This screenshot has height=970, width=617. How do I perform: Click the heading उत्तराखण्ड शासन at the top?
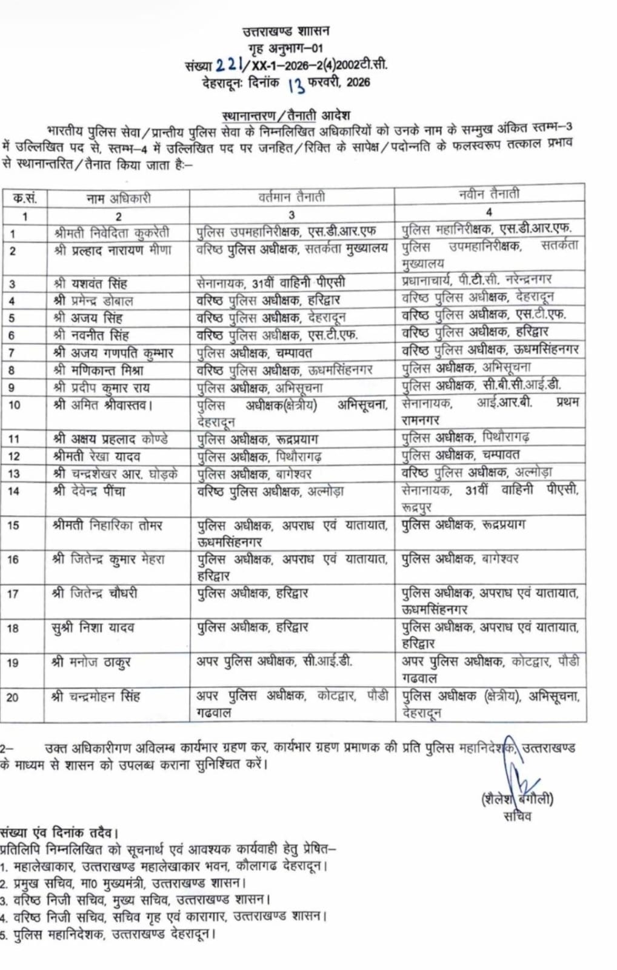(x=285, y=31)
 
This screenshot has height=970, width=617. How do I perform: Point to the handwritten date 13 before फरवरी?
(x=296, y=84)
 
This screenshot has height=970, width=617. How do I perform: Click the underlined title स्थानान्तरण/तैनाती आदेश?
(x=286, y=115)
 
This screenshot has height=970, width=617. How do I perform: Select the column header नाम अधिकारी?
(x=118, y=198)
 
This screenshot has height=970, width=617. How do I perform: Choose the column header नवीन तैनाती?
(x=489, y=194)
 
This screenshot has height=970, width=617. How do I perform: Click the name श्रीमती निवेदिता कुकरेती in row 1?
(x=112, y=232)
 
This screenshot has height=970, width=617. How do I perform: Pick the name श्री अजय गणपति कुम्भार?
(x=113, y=352)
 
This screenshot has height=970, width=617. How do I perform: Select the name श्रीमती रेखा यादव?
(x=97, y=456)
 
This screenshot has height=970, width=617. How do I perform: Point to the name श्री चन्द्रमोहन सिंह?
(x=96, y=697)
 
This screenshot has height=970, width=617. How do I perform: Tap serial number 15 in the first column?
(x=13, y=526)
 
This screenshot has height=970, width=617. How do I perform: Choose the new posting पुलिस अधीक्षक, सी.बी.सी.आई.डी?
(x=482, y=384)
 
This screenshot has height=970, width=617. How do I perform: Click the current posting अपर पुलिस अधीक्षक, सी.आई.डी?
(x=274, y=661)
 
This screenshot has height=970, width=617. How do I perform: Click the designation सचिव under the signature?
(x=517, y=817)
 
